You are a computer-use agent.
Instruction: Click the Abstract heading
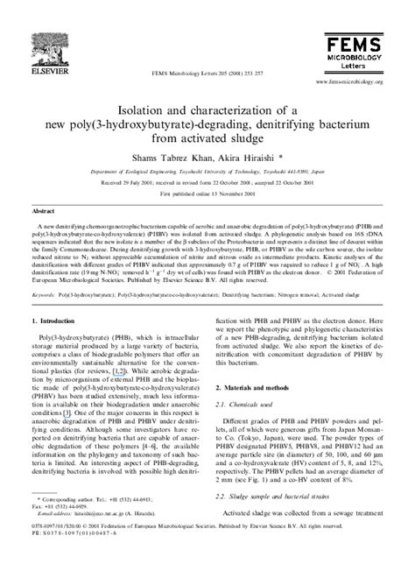click(x=44, y=212)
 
